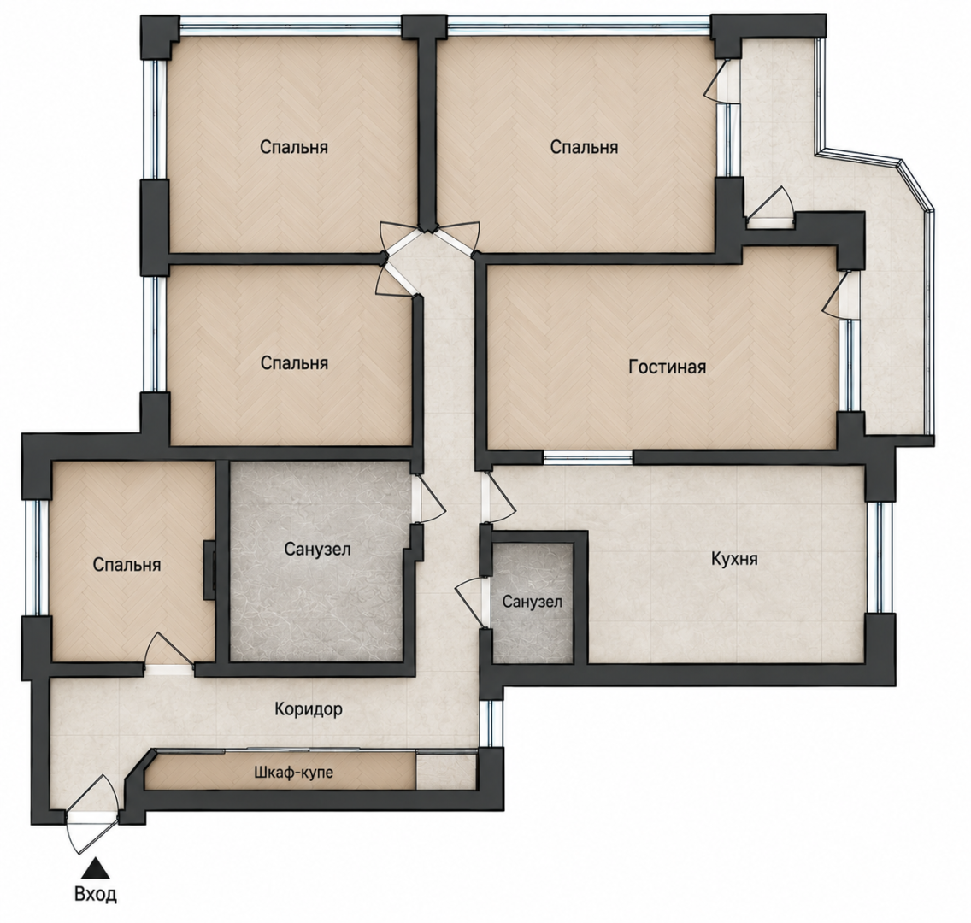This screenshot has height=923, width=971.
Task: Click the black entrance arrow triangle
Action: tap(96, 868)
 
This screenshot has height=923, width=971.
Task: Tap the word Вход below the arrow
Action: tap(96, 894)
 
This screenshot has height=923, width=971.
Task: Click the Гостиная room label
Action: tap(667, 367)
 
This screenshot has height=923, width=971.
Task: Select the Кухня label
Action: tap(734, 559)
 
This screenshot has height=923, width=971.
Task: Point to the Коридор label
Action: tap(309, 708)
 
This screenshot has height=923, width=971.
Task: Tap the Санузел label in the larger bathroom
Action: tap(318, 549)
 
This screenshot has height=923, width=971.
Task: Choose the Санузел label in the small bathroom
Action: tap(533, 602)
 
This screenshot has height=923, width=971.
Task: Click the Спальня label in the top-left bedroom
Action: tap(293, 147)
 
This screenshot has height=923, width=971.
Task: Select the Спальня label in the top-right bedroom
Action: tap(584, 147)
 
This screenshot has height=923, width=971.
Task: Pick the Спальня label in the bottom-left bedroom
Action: tap(127, 565)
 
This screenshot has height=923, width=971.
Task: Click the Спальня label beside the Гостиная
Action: tap(294, 362)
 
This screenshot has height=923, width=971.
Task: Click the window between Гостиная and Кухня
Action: tap(588, 458)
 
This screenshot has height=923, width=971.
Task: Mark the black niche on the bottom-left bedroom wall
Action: tap(210, 570)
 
